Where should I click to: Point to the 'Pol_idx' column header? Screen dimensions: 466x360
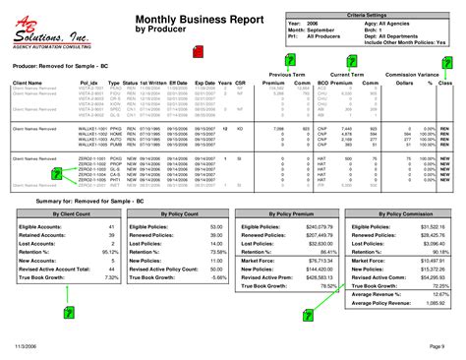pyautogui.click(x=87, y=83)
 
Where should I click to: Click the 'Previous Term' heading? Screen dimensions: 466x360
pyautogui.click(x=284, y=74)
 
